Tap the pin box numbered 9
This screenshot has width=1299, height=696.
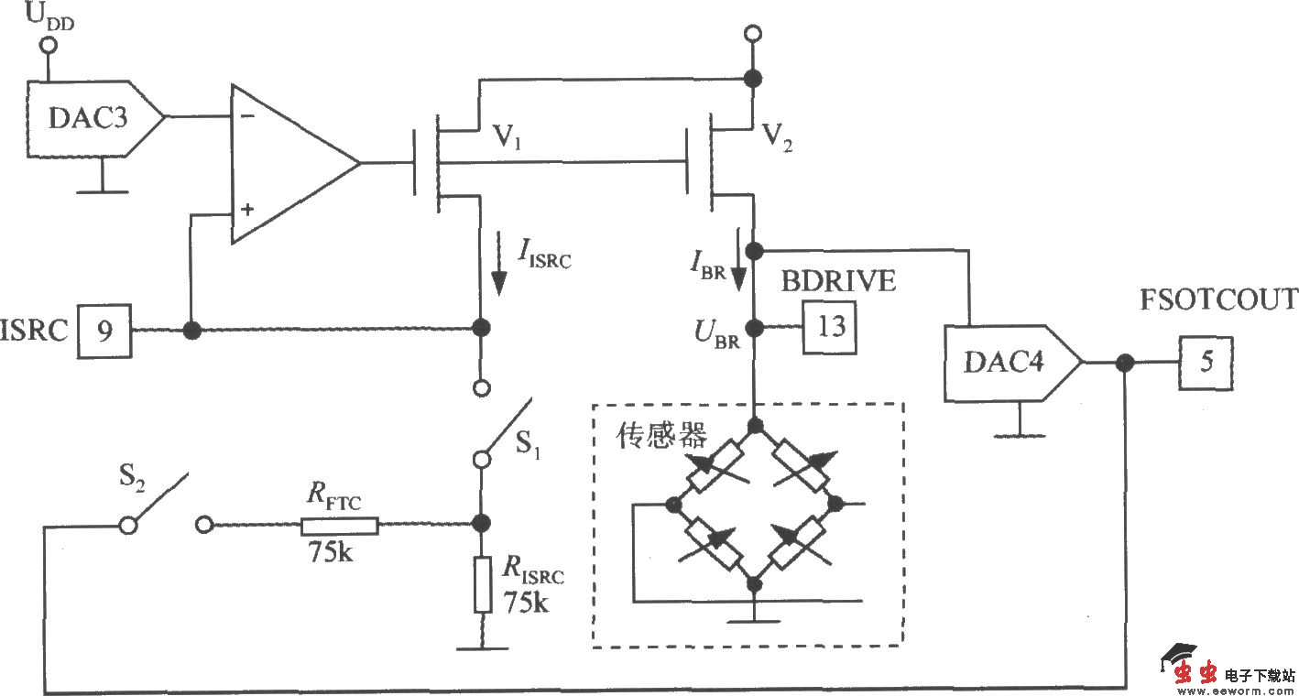[105, 330]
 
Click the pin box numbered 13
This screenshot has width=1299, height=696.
[830, 327]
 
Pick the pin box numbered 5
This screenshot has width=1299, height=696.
[1206, 363]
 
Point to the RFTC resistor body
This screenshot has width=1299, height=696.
[339, 525]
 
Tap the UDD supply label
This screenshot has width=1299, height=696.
[45, 17]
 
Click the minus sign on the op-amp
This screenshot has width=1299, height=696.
[246, 117]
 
